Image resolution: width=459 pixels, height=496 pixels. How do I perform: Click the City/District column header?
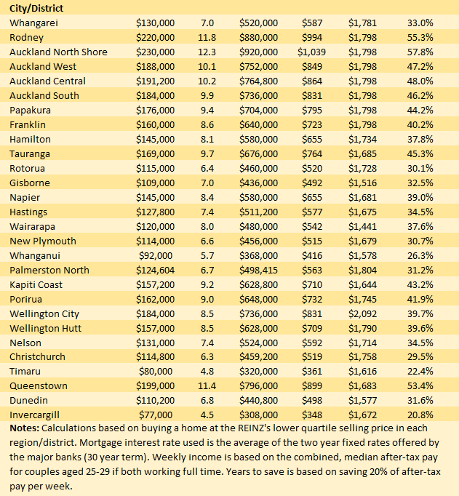36,8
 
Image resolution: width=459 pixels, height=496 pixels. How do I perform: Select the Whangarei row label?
33,23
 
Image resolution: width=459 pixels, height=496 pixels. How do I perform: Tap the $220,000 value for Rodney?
155,37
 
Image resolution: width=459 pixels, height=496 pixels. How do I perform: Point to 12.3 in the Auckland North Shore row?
207,52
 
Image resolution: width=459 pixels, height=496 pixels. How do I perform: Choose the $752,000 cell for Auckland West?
258,66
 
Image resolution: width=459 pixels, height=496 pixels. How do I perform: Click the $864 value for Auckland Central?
314,81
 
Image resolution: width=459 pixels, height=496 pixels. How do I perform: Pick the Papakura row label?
31,110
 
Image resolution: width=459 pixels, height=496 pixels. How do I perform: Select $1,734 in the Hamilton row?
362,139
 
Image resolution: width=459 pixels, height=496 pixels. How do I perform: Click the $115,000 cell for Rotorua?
155,168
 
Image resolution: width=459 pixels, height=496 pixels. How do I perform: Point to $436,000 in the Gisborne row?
258,183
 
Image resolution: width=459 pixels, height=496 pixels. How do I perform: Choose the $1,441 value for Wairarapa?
362,226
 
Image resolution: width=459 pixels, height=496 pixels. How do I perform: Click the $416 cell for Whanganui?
314,255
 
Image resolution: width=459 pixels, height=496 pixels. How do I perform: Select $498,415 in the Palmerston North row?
258,270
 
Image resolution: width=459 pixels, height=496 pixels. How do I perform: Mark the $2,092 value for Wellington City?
362,313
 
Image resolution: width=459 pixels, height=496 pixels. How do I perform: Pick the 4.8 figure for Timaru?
207,371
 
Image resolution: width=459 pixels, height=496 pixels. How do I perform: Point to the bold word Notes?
24,428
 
